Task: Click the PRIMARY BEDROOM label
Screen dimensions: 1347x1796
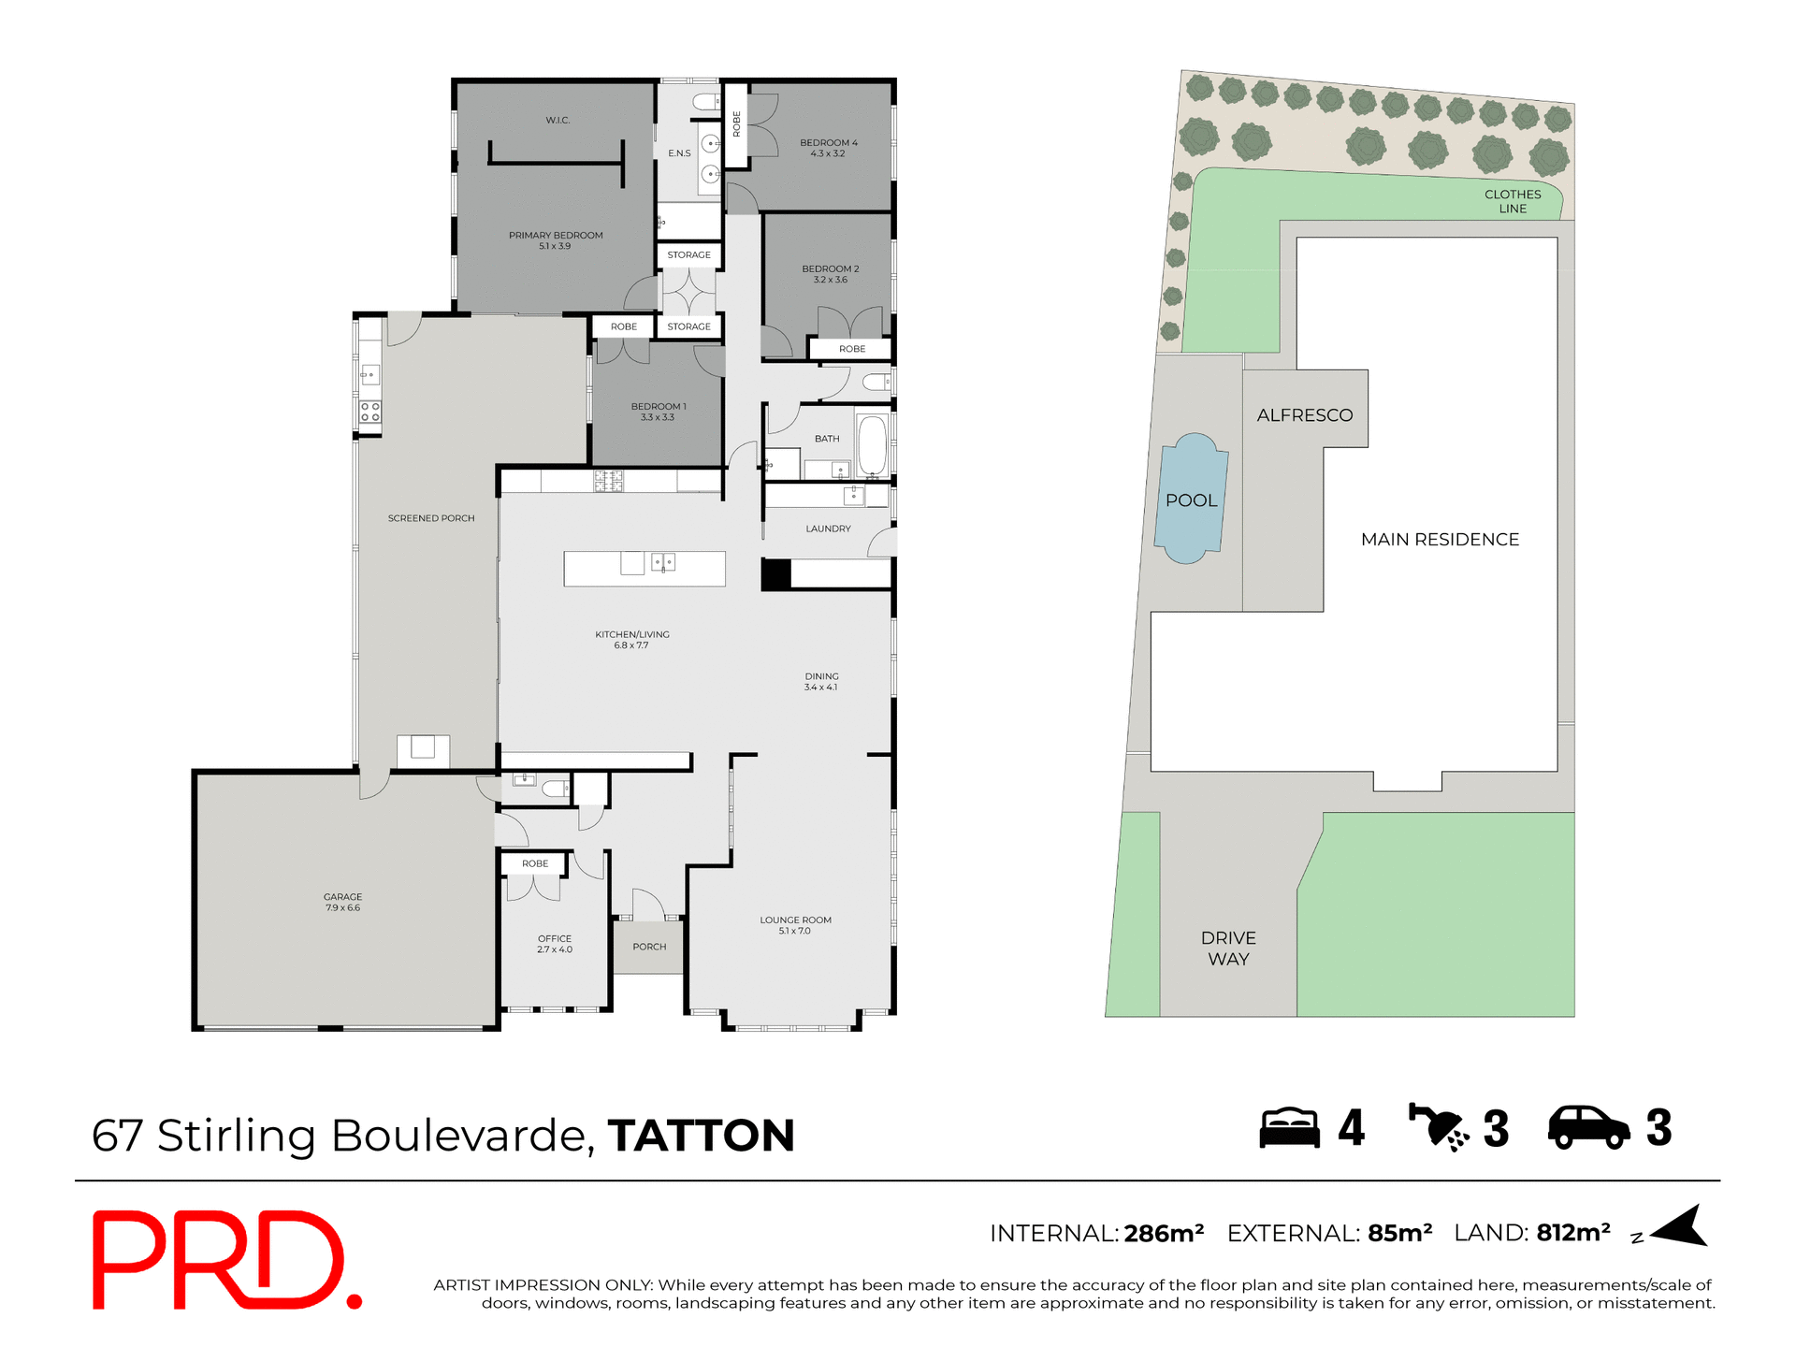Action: pos(556,236)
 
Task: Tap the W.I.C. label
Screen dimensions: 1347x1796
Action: pos(558,121)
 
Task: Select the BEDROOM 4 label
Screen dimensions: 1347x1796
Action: pos(828,143)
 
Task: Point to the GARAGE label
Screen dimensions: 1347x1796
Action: pos(342,897)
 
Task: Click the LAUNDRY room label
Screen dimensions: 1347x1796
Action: pos(828,529)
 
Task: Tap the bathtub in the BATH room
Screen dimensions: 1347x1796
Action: pos(872,446)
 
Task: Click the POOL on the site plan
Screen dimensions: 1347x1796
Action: pos(1191,500)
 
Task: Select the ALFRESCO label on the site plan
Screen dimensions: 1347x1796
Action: pos(1304,415)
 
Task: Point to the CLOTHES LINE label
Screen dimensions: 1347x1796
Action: pos(1512,201)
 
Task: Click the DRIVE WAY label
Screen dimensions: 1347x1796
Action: pos(1228,948)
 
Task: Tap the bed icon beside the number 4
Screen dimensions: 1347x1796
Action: pos(1289,1128)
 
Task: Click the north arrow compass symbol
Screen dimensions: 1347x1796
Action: pos(1682,1227)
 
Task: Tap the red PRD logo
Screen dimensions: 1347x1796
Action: pos(224,1259)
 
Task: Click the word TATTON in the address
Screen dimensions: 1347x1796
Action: pos(701,1136)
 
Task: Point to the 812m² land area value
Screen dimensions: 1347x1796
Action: pos(1572,1233)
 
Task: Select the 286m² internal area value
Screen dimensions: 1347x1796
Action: pos(1164,1234)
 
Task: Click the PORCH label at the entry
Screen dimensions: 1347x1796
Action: pos(649,947)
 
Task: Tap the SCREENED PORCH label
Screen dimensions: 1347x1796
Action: pos(431,518)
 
